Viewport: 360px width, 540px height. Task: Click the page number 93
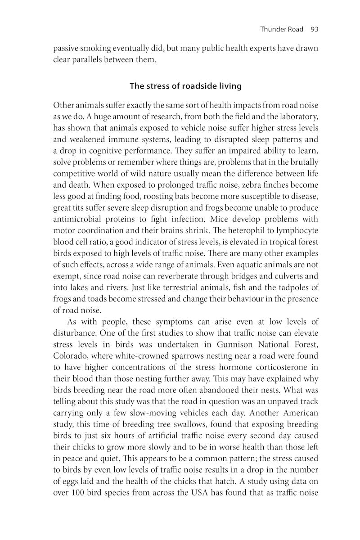314,29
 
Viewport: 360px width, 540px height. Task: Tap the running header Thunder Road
282,29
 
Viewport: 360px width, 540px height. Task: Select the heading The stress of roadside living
185,85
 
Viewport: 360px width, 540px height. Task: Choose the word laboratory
296,117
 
